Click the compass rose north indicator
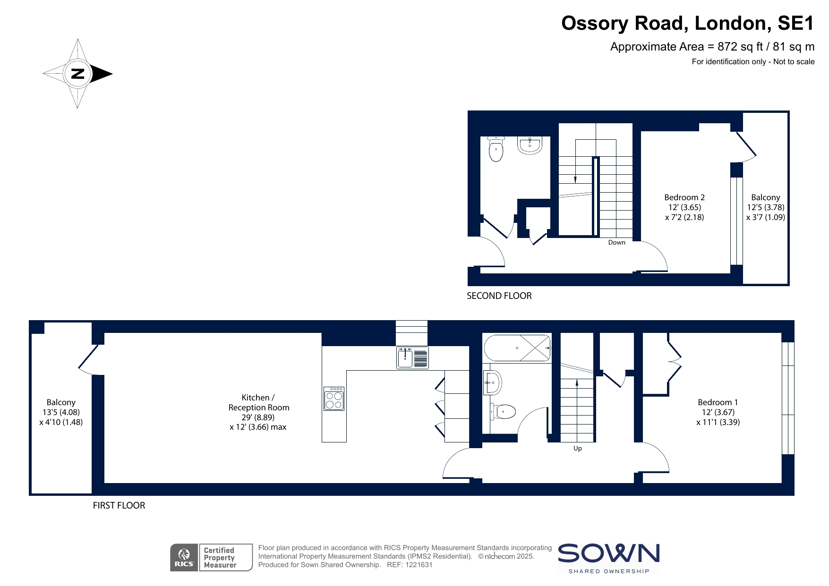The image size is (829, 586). click(x=77, y=74)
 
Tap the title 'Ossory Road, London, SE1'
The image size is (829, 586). click(x=688, y=23)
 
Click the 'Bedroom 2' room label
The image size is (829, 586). click(x=684, y=197)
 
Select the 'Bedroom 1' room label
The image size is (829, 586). click(x=718, y=402)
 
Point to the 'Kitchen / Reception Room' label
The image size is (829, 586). click(x=259, y=402)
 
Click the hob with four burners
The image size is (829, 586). click(x=334, y=399)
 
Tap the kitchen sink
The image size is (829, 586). click(x=413, y=357)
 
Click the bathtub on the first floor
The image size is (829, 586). click(x=517, y=348)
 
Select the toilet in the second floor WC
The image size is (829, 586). click(x=496, y=149)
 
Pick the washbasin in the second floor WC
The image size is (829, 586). click(x=530, y=145)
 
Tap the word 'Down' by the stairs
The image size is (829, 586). click(x=617, y=242)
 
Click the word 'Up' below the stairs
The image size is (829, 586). click(x=578, y=449)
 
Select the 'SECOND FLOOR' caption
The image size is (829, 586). click(x=499, y=296)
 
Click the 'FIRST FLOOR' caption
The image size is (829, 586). click(x=119, y=505)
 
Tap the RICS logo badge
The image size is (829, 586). click(x=184, y=558)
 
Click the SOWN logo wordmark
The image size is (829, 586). click(x=609, y=553)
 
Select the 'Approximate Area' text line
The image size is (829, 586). click(x=712, y=47)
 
